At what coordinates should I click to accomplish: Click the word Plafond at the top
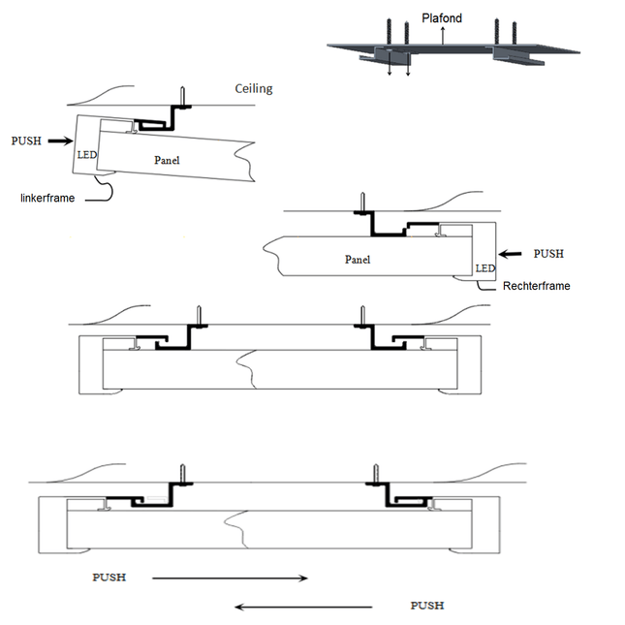tap(442, 18)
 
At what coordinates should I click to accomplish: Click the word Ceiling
tap(254, 89)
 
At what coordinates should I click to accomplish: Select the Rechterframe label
tap(536, 286)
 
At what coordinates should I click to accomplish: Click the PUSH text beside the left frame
tap(26, 141)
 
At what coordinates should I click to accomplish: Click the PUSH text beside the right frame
tap(549, 253)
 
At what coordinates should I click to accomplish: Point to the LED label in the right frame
tap(485, 267)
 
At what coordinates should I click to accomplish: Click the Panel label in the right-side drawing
tap(358, 259)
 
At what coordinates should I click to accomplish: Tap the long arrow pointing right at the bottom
tap(230, 578)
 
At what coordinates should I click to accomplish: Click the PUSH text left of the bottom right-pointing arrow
tap(109, 578)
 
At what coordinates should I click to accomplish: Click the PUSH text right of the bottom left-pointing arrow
tap(427, 606)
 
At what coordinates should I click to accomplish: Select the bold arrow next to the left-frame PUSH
tap(60, 141)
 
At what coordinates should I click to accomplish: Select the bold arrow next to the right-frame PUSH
tap(513, 253)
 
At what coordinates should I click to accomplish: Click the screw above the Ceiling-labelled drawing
tap(181, 96)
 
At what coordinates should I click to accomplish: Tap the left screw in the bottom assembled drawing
tap(181, 474)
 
